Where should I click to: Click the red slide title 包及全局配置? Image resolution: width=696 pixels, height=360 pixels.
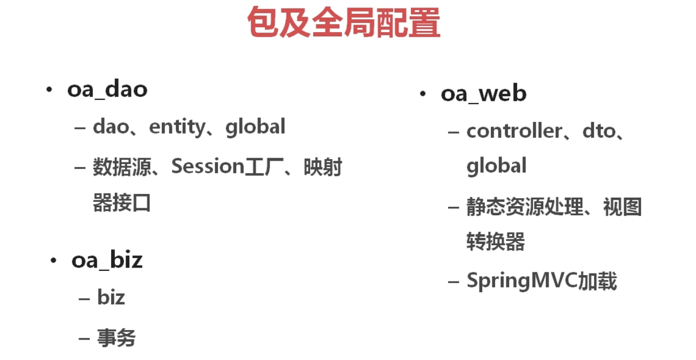pos(343,22)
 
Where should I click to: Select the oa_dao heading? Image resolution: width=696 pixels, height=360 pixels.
pos(107,89)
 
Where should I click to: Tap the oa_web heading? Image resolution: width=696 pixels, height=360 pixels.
pos(483,93)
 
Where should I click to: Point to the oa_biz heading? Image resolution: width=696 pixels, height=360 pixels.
pos(107,261)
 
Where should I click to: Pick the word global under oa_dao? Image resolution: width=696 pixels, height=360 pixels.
pos(255,127)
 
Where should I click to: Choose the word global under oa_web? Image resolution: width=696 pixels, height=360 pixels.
pos(496,166)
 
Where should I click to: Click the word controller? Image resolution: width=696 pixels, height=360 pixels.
pos(514,131)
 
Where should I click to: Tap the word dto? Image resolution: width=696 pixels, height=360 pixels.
pos(591,131)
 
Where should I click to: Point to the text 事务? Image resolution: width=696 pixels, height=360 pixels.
pos(116,338)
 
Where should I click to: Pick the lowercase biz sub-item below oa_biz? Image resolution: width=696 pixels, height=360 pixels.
pos(111,298)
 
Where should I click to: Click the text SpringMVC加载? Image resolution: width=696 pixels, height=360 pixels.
pos(542,280)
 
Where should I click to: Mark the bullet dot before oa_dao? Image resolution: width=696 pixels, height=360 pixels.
pos(49,90)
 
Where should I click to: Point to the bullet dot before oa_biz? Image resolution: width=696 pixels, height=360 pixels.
pos(53,261)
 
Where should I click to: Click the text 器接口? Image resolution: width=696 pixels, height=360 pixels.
pos(122,203)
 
